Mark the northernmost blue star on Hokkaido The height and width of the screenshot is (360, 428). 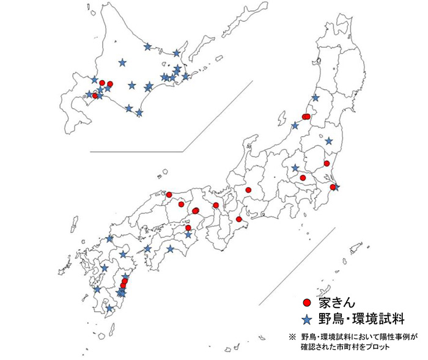147,46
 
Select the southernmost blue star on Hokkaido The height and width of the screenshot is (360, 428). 139,112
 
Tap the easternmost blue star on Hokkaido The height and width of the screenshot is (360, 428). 186,77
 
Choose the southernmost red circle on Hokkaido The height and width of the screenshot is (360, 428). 95,95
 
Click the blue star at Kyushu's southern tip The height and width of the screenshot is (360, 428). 110,309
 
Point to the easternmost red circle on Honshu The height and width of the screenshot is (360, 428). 333,187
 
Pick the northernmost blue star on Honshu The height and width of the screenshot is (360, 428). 315,98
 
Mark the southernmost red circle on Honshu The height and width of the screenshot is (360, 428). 239,219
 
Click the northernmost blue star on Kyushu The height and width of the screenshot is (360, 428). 110,239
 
